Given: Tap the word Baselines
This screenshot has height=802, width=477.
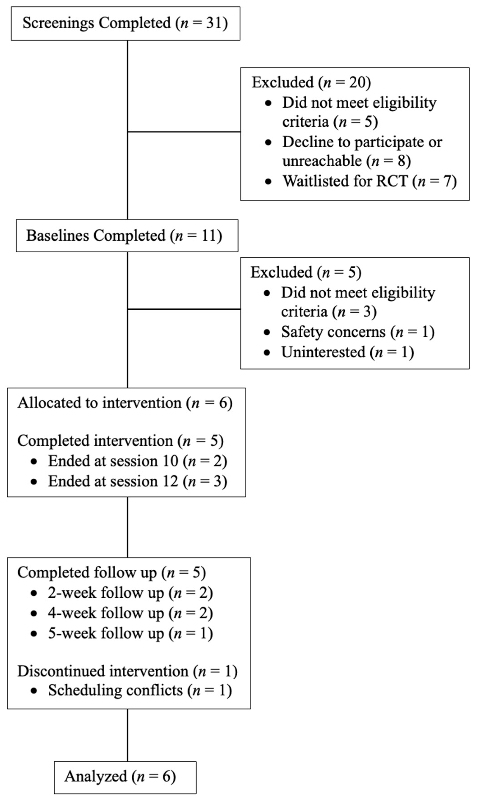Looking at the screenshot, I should (59, 235).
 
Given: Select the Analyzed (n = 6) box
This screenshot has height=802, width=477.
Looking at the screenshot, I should (125, 777).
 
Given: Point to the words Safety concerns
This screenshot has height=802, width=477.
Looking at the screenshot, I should (333, 332).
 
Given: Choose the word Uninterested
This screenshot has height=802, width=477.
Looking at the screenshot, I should (323, 352).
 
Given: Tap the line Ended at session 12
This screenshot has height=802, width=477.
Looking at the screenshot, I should (137, 481).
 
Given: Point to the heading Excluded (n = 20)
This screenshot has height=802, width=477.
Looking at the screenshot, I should (311, 82).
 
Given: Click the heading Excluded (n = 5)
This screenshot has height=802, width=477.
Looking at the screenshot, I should (306, 272).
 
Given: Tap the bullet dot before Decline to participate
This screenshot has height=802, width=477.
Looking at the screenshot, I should (268, 142).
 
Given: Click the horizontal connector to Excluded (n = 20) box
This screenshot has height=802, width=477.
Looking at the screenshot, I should (184, 132).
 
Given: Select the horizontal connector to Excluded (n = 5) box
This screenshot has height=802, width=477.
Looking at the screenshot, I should (184, 309).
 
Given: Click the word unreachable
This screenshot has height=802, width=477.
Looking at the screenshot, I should (322, 161).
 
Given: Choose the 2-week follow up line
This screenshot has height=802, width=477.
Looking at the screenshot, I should (130, 593).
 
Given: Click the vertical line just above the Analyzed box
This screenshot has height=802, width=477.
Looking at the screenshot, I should (128, 736).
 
